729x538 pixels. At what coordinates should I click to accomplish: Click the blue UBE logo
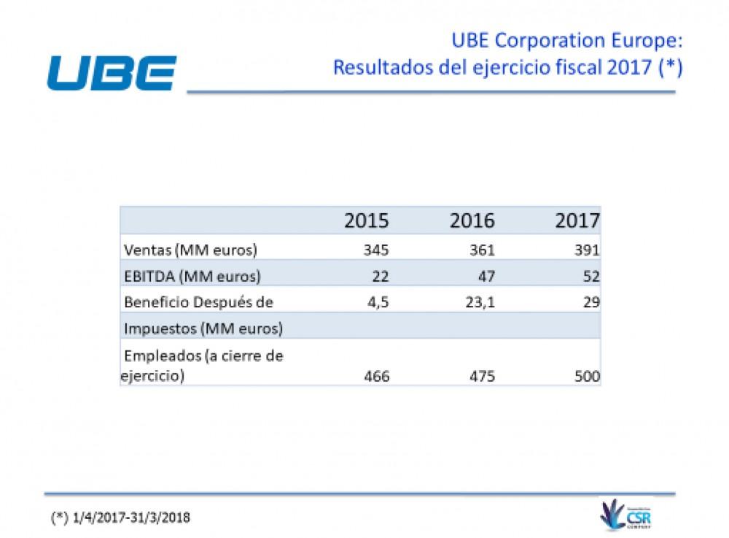[x=112, y=73]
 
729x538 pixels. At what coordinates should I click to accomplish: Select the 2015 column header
[x=367, y=220]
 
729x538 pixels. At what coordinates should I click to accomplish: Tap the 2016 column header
[x=472, y=220]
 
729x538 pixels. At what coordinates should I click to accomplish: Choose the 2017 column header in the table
[x=577, y=220]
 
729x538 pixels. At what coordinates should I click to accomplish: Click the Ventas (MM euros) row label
[x=191, y=250]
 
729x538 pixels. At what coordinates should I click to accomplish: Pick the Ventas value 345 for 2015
[x=377, y=250]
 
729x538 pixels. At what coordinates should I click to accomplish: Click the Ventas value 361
[x=482, y=250]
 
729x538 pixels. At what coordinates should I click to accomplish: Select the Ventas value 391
[x=587, y=250]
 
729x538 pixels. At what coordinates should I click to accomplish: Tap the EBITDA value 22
[x=381, y=276]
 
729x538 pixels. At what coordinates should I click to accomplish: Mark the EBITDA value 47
[x=486, y=276]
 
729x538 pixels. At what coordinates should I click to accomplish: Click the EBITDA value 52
[x=591, y=276]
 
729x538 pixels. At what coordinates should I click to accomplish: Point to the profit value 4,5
[x=379, y=302]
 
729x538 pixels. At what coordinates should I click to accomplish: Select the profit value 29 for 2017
[x=591, y=302]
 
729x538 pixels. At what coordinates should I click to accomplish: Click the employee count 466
[x=377, y=377]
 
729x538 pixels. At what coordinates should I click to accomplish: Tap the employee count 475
[x=482, y=377]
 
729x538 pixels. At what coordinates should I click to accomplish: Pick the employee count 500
[x=587, y=377]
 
